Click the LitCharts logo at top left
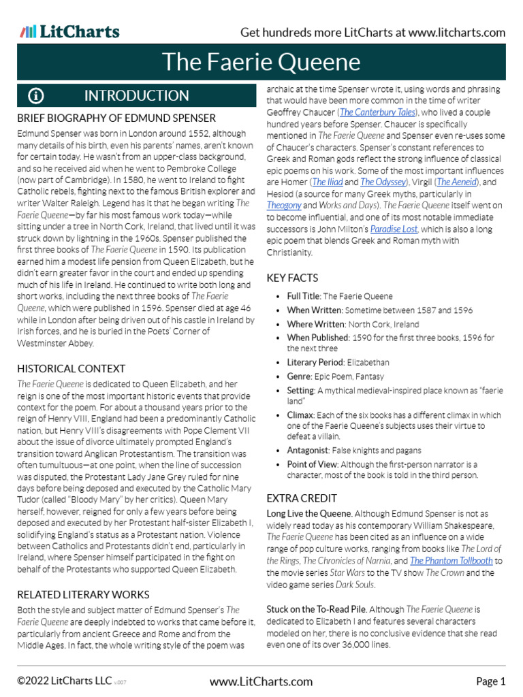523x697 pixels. coord(69,32)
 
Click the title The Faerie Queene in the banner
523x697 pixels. coord(261,63)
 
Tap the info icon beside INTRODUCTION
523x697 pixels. coord(36,96)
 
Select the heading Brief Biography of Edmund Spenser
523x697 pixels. coord(116,118)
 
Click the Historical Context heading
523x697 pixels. coord(71,368)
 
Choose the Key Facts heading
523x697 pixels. coord(292,278)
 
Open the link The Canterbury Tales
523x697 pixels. coord(377,112)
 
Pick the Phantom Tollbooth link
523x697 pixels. coord(451,561)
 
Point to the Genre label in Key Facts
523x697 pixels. coord(300,376)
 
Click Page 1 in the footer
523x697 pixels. coord(490,681)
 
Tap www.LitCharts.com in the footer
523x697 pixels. coord(261,681)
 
